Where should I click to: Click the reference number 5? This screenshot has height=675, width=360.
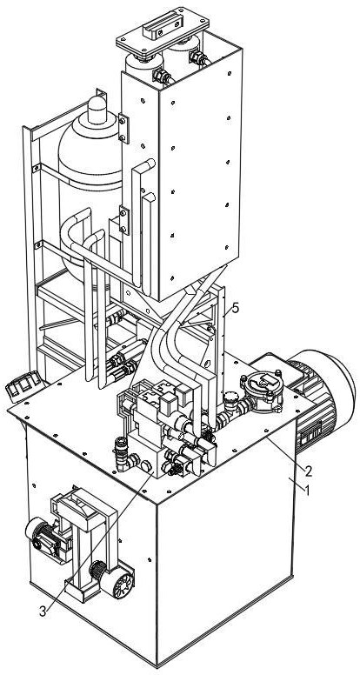[235, 308]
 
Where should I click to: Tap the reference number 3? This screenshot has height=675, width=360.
[42, 612]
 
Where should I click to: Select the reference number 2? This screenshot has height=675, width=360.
[308, 471]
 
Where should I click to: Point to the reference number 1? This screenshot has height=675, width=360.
[307, 490]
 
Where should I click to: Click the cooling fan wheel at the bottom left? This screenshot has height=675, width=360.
[123, 585]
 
